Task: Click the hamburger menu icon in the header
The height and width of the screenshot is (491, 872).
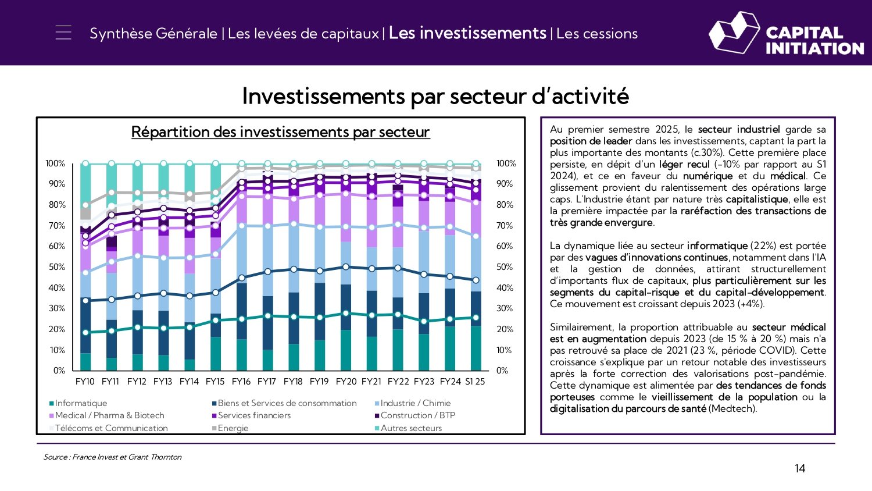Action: coord(63,33)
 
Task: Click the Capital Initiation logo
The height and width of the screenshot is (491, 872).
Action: coord(786,34)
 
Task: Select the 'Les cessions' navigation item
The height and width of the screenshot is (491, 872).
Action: coord(597,34)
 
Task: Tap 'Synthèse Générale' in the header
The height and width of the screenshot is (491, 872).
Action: coord(153,34)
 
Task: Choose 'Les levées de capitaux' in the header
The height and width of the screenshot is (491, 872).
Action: coord(303,34)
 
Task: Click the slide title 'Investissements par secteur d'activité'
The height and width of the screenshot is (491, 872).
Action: coord(435,96)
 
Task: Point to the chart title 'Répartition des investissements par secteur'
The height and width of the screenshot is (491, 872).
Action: coord(280,132)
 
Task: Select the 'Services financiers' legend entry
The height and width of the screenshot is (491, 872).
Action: coord(254,415)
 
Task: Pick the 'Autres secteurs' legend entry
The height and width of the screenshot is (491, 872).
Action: coord(411,428)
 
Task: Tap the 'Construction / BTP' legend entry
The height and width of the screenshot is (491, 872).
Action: coord(417,415)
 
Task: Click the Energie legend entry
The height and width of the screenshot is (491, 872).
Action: coord(233,428)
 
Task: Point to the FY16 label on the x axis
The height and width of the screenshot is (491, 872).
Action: coord(241,382)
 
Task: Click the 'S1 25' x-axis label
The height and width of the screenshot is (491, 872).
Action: coord(475,382)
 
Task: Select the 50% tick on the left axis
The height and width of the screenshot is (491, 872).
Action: coord(56,267)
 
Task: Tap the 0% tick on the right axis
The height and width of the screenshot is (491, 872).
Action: coord(502,371)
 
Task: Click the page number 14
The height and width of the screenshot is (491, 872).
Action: coord(800,468)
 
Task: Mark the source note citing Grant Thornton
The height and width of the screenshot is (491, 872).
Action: coord(112,457)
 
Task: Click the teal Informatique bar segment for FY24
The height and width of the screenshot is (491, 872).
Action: coord(449,348)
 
